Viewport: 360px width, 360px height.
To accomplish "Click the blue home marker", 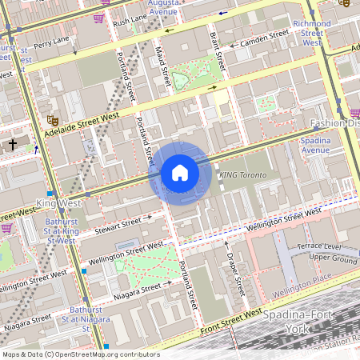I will pyautogui.click(x=179, y=173).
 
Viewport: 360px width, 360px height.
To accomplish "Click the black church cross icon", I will pyautogui.click(x=13, y=145).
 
